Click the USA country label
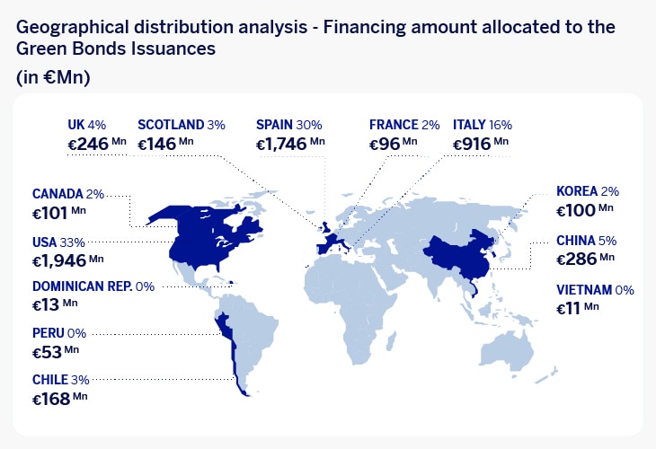point(44,242)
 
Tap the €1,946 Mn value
point(67,260)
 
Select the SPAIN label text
point(274,125)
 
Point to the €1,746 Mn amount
point(290,144)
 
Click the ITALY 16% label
point(483,125)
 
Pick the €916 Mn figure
point(481,144)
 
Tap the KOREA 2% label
point(588,191)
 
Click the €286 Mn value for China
point(585,259)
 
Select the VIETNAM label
point(584,290)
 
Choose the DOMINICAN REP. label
point(83,286)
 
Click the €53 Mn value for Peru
point(56,352)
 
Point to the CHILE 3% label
point(61,380)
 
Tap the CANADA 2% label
point(68,194)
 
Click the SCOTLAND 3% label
point(182,125)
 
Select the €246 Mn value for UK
point(97,144)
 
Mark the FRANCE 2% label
point(404,125)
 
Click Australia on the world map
point(507,352)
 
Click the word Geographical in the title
point(73,28)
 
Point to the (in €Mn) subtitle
point(53,77)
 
